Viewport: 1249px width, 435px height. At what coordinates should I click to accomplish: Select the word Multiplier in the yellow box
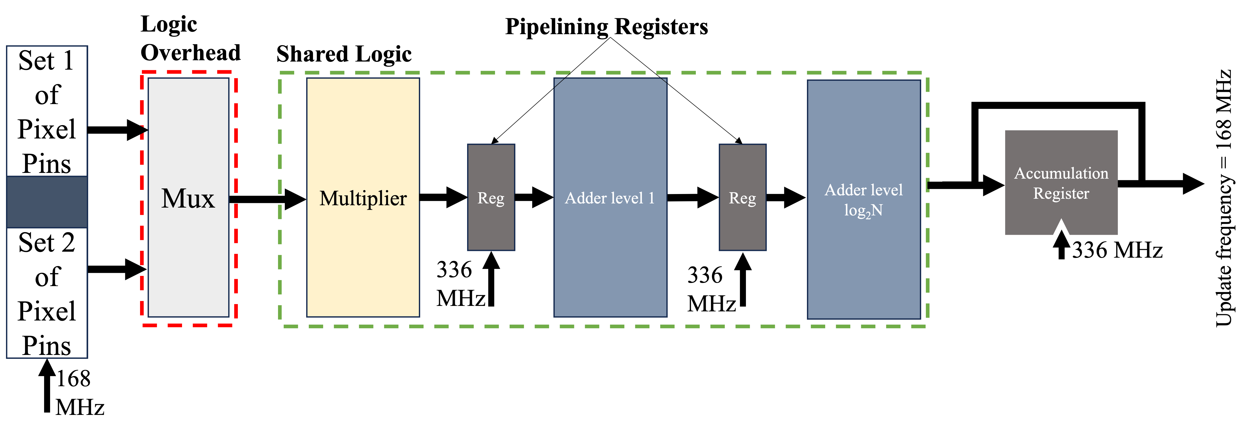click(x=363, y=198)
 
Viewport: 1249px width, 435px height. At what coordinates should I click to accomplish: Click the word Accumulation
click(x=1061, y=173)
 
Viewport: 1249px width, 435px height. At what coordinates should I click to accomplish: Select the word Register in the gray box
click(x=1061, y=194)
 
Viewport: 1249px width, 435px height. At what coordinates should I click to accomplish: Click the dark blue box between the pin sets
click(x=46, y=202)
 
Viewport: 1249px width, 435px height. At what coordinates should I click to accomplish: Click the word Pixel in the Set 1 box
click(x=46, y=129)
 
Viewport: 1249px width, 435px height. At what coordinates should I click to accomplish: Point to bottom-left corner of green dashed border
click(x=281, y=326)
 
